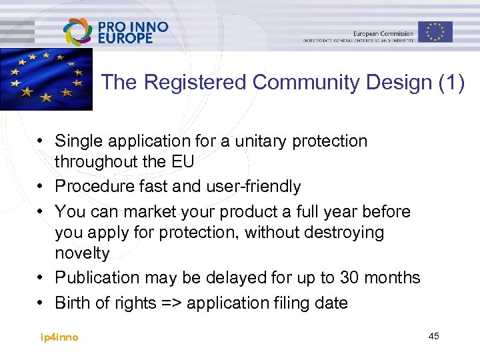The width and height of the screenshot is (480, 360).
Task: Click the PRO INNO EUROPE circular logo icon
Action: (x=79, y=31)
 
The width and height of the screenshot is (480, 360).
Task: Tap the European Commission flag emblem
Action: (x=435, y=31)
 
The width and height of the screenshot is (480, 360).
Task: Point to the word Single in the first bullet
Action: (x=76, y=141)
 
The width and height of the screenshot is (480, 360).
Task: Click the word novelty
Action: (x=81, y=253)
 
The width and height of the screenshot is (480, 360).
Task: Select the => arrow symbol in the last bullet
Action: (x=171, y=303)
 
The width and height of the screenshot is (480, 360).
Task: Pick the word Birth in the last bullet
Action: (x=72, y=303)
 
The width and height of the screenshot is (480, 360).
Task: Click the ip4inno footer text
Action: (x=59, y=337)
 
